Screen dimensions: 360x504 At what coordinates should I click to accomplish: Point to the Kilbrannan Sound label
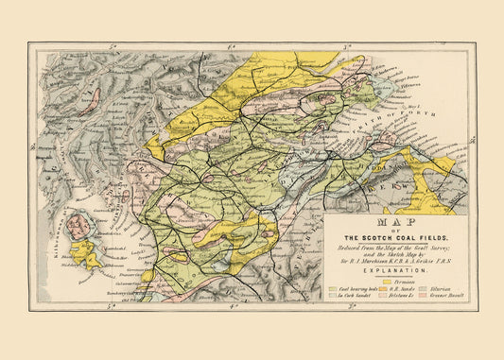pyautogui.click(x=44, y=236)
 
